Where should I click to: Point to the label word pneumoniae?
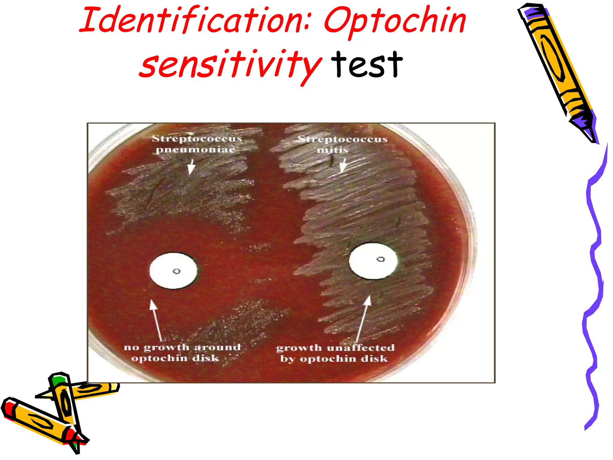(195, 149)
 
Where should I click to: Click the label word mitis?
(333, 150)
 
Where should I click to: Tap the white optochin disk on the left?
(173, 271)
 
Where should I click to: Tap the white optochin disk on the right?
(373, 261)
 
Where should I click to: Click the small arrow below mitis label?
(343, 165)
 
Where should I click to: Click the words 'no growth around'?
(182, 347)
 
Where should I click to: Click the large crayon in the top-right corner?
(557, 69)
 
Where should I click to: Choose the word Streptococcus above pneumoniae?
(197, 139)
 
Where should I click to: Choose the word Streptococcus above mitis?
(343, 139)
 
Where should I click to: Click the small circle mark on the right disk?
(380, 259)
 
